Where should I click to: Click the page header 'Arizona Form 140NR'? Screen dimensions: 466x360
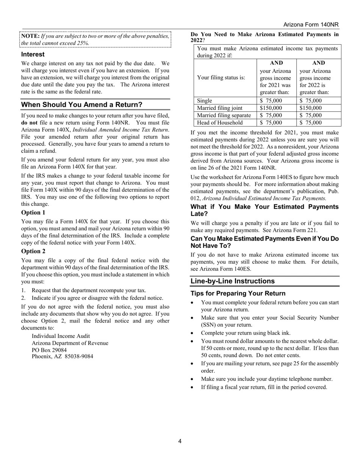311,25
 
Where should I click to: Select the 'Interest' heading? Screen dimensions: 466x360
33,54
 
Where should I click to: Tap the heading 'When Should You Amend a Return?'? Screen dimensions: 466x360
81,105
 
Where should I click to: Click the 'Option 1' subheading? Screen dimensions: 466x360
33,213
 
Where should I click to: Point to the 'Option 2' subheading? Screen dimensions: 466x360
33,251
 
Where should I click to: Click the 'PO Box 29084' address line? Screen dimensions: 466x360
49,350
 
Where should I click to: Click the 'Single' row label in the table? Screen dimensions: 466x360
205,101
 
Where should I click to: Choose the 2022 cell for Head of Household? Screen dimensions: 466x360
310,123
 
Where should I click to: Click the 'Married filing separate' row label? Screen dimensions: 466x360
224,115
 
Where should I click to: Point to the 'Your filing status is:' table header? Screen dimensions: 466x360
221,78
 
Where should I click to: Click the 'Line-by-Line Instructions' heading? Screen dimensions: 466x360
232,281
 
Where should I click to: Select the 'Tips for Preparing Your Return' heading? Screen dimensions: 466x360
238,294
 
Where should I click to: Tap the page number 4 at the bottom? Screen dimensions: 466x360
180,441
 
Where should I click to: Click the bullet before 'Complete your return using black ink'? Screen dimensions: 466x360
193,333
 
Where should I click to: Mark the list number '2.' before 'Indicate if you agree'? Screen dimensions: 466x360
23,298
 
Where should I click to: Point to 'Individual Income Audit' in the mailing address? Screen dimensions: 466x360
61,336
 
